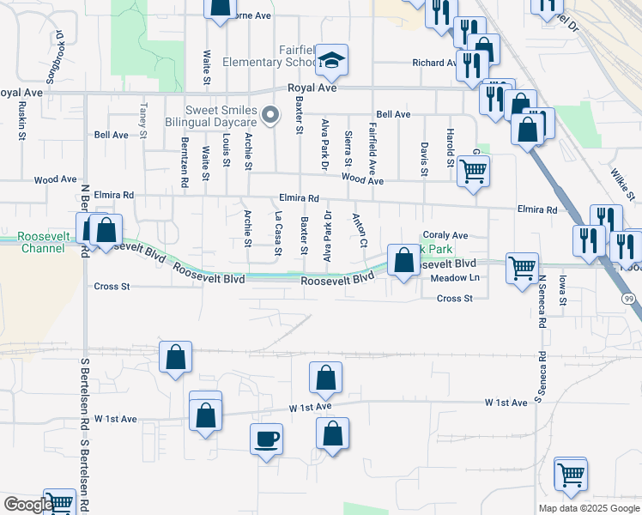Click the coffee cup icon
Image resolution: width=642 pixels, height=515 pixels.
click(265, 439)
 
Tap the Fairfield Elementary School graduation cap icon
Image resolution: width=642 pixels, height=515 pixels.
click(330, 60)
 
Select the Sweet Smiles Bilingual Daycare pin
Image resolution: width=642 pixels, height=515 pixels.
click(271, 114)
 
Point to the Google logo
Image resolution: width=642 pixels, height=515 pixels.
click(27, 505)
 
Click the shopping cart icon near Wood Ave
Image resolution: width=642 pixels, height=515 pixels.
click(473, 170)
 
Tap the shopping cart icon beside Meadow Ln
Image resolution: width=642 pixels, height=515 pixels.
click(522, 269)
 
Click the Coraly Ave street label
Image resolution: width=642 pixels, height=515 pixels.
click(445, 235)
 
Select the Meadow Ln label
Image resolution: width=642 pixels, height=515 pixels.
click(455, 277)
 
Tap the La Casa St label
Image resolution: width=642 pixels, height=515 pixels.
click(277, 234)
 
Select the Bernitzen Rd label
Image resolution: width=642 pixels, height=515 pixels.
click(184, 161)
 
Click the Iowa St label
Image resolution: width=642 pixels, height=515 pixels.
click(563, 289)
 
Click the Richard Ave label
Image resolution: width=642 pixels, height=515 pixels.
click(434, 63)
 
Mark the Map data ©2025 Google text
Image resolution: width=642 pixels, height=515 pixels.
click(590, 508)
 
